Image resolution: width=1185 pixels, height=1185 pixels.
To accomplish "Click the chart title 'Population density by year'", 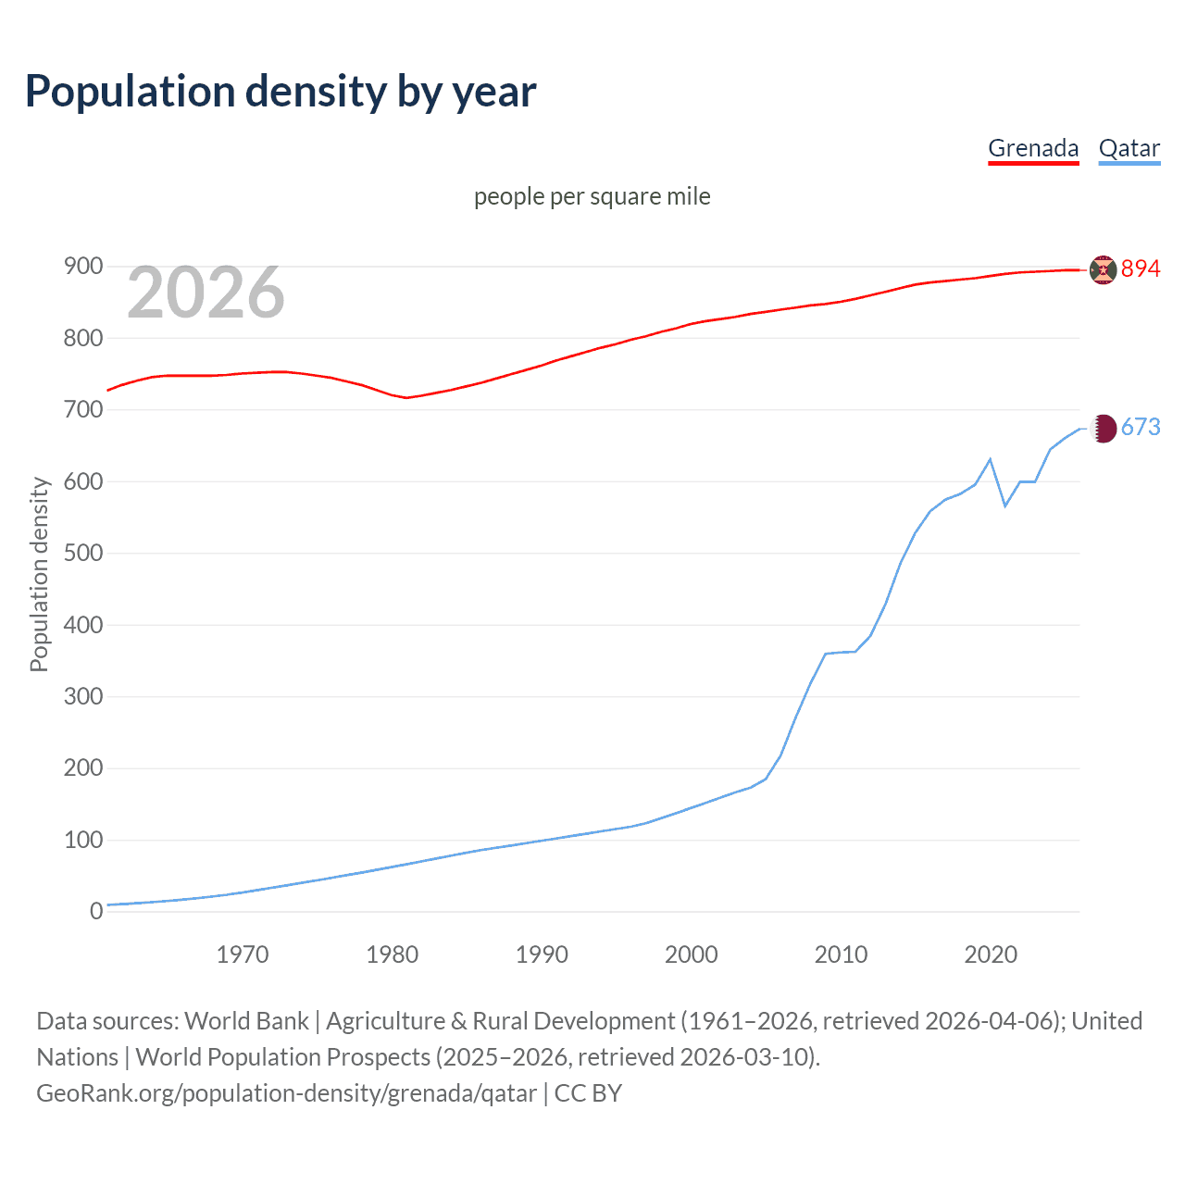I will point(281,92).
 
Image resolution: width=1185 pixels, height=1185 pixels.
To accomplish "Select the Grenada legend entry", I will point(1033,148).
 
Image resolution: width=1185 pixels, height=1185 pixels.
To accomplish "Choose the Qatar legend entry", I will point(1129,148).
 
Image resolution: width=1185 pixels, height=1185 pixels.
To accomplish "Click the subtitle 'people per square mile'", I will point(592,196).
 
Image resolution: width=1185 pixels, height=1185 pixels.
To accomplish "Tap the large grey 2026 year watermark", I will point(206,293).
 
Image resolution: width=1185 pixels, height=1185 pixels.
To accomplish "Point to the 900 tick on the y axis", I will point(82,267).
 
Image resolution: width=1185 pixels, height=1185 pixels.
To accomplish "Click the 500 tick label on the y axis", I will point(82,554).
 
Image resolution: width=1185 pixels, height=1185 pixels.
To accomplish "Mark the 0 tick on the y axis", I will point(96,912).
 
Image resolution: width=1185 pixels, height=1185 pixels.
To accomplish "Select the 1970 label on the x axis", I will point(243,954).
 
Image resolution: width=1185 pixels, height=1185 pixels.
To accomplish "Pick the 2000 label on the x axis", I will point(692,954).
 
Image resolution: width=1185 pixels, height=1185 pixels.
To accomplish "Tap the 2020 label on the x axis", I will point(991,954).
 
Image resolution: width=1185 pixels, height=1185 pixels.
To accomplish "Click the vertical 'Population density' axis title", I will point(39,574).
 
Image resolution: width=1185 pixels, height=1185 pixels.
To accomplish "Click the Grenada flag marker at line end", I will point(1103,269).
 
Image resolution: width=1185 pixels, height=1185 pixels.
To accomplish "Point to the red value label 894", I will point(1141,268).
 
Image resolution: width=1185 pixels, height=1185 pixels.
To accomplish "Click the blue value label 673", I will point(1141,427).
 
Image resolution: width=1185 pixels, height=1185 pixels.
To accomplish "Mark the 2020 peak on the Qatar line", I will point(991,459).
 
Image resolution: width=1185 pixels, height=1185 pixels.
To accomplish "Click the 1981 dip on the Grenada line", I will point(406,397).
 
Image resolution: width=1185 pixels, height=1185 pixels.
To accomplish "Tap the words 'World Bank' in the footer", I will point(246,1021).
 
